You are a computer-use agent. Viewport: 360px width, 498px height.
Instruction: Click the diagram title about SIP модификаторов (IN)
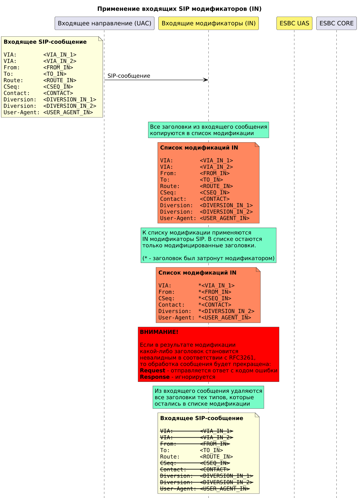tap(179, 9)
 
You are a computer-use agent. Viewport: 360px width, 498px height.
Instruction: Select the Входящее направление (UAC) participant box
tap(104, 23)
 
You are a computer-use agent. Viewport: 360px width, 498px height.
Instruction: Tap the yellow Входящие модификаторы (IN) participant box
tap(208, 23)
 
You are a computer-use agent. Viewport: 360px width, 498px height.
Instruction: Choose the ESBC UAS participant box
tap(294, 23)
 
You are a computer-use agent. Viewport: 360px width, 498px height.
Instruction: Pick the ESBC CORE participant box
tap(336, 23)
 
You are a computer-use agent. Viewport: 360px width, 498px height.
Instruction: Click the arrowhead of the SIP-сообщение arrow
tap(206, 80)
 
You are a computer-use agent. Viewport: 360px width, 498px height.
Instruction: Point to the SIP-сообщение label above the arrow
tap(129, 76)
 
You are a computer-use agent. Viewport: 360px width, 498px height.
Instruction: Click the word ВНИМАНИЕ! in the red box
tap(159, 332)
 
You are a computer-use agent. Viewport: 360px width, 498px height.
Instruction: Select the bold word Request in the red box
tap(152, 371)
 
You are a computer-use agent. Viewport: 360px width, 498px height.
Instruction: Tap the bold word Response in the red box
tap(154, 377)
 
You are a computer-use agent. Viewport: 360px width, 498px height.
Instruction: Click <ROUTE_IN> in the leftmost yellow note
tap(60, 80)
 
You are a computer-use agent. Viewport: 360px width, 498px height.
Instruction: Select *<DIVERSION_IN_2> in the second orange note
tap(226, 311)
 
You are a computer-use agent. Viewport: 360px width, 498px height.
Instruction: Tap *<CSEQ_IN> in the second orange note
tap(214, 299)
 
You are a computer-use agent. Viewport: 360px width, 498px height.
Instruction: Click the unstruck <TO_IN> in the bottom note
tap(211, 450)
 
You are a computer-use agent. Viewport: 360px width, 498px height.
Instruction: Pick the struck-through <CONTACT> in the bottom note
tap(214, 469)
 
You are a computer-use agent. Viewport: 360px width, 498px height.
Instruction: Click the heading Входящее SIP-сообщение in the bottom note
tap(201, 418)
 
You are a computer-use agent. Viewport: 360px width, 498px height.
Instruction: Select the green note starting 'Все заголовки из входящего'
tap(208, 130)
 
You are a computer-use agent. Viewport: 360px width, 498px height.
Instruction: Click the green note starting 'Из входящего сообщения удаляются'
tap(208, 397)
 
